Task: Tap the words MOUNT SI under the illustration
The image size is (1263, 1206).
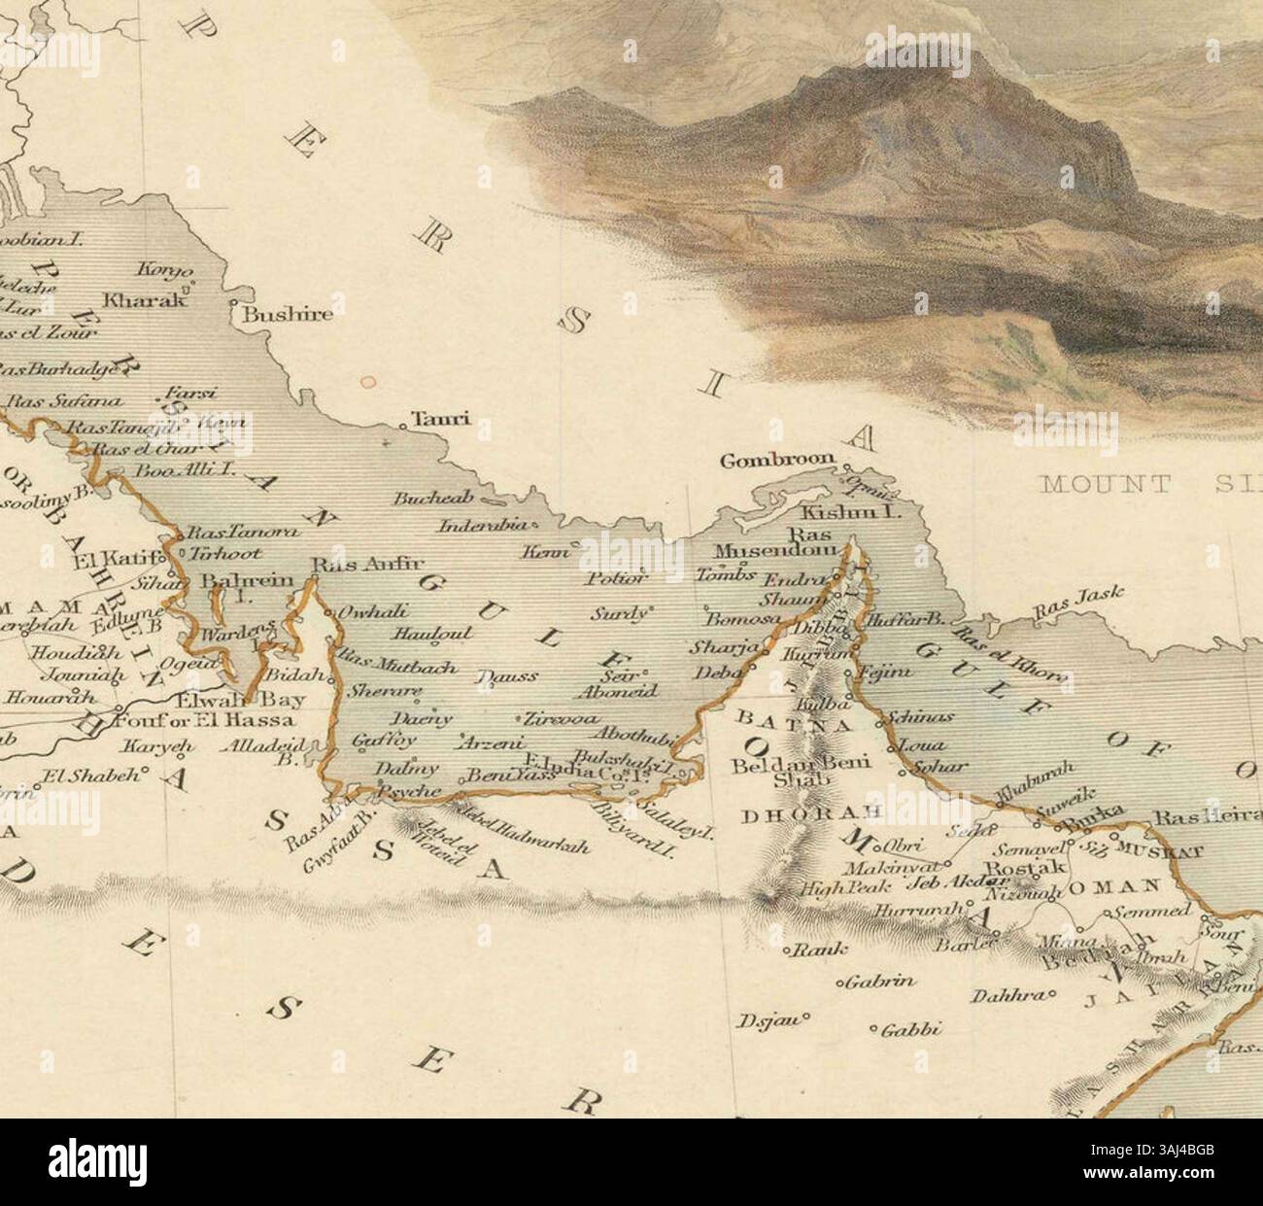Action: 1137,484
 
